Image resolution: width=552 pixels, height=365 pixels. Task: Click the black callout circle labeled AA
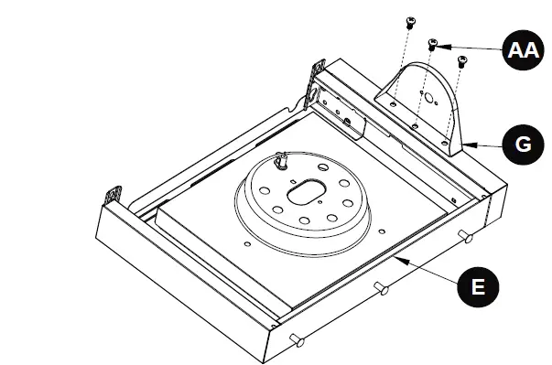523,50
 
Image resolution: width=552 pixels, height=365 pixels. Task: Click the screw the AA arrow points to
434,43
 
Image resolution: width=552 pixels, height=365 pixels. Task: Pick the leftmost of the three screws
409,20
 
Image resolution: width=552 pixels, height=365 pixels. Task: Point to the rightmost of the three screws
461,62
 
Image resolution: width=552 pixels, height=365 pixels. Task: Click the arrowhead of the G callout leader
461,143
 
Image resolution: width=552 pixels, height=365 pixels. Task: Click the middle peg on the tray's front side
382,289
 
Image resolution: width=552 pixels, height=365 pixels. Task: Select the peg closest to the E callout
466,238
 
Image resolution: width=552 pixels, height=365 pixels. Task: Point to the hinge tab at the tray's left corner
114,194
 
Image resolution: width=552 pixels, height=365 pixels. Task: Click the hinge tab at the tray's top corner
319,70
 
